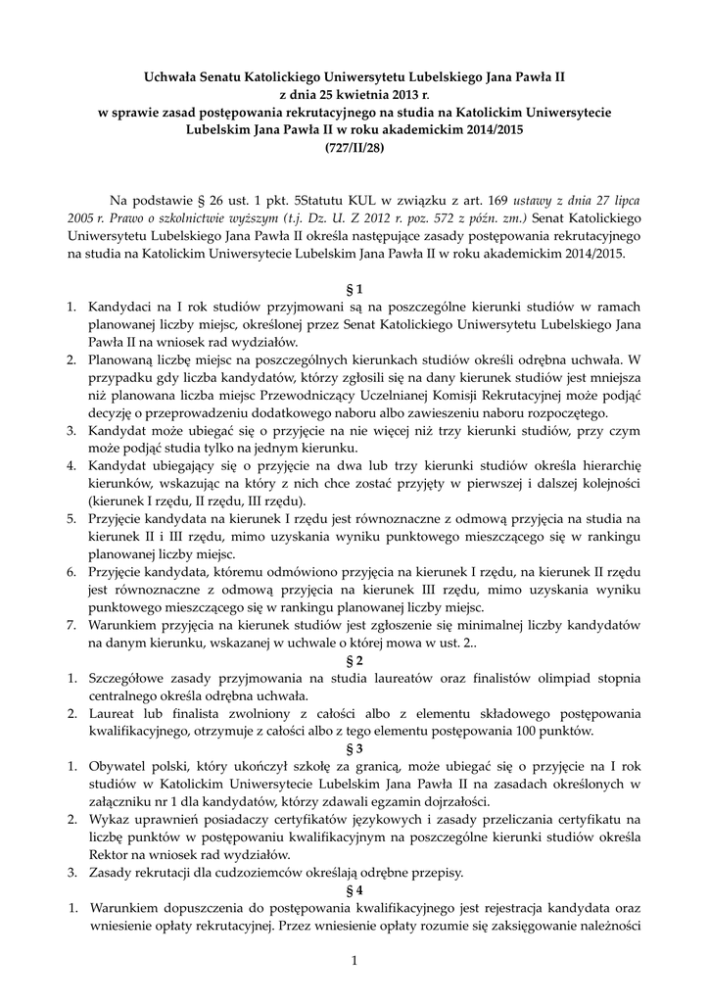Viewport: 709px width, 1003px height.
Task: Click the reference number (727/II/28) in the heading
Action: (354, 148)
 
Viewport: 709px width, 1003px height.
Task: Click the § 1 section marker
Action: (354, 289)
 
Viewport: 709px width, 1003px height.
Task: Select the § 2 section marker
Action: (354, 659)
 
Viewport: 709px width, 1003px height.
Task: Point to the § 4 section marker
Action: (354, 891)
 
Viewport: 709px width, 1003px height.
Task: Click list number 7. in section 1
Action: (73, 624)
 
